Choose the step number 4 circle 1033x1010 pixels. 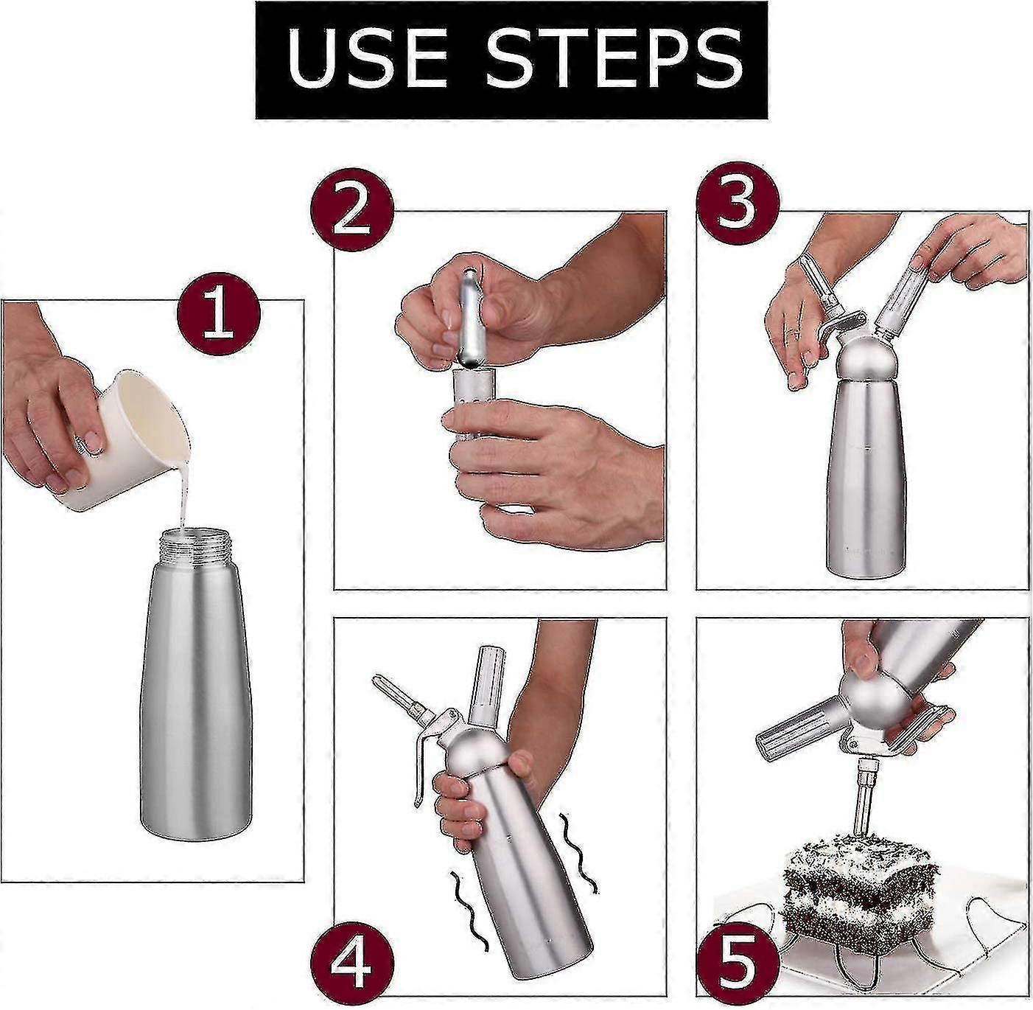click(351, 961)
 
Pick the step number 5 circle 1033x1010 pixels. click(738, 961)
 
